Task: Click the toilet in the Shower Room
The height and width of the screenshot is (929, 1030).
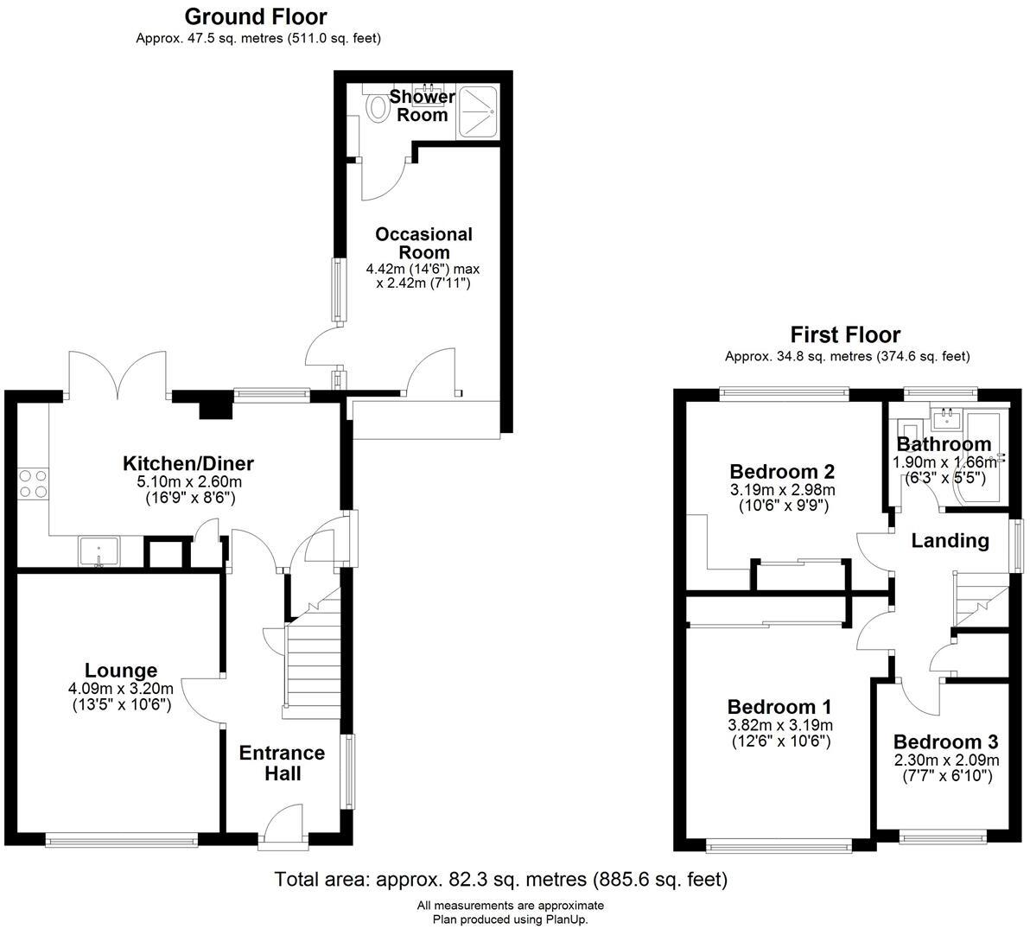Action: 378,107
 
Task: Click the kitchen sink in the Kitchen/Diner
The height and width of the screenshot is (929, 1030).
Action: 99,550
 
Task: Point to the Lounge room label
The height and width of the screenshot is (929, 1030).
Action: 121,671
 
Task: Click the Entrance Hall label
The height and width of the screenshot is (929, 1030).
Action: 282,763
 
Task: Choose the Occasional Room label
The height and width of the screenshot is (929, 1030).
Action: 423,243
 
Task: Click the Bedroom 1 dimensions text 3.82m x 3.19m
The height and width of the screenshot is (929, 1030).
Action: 779,725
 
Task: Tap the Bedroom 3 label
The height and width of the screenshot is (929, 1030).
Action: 945,742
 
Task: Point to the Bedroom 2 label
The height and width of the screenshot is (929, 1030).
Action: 782,472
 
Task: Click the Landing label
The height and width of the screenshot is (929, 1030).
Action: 951,541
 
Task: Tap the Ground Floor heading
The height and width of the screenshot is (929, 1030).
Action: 256,16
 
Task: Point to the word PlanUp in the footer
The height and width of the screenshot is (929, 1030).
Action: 565,919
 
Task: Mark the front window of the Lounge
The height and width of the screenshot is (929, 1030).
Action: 121,837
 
